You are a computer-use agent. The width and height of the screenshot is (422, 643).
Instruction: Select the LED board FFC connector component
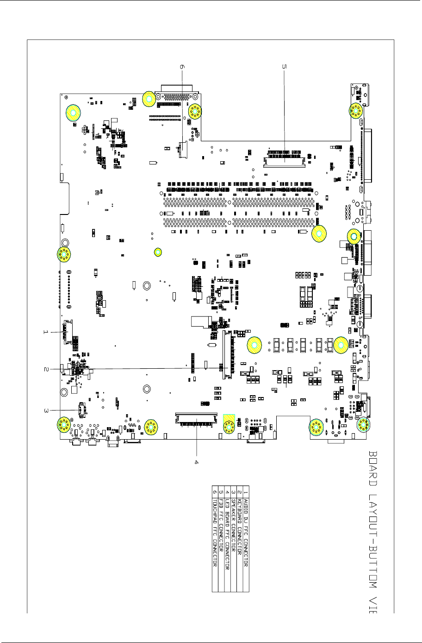pos(196,419)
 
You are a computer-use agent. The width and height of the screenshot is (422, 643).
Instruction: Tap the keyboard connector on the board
pos(227,354)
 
